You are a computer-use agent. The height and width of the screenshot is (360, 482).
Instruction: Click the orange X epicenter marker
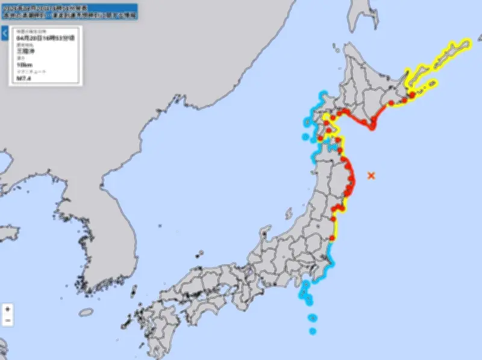tap(371, 175)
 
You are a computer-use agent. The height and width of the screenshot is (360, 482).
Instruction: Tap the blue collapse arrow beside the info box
tap(4, 34)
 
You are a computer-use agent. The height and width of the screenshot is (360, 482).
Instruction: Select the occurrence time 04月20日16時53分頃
tap(45, 37)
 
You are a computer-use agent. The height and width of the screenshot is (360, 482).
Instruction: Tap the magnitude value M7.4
tap(23, 78)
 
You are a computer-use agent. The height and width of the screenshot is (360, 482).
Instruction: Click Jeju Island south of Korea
tap(87, 312)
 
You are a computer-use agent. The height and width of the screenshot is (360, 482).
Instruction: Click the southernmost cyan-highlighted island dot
tap(313, 331)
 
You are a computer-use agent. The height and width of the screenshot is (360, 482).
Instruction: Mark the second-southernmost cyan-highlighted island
tap(311, 318)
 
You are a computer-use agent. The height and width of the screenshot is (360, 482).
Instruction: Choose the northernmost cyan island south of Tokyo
tap(305, 284)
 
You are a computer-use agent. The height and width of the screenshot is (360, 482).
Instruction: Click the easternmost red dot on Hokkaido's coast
tap(412, 95)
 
